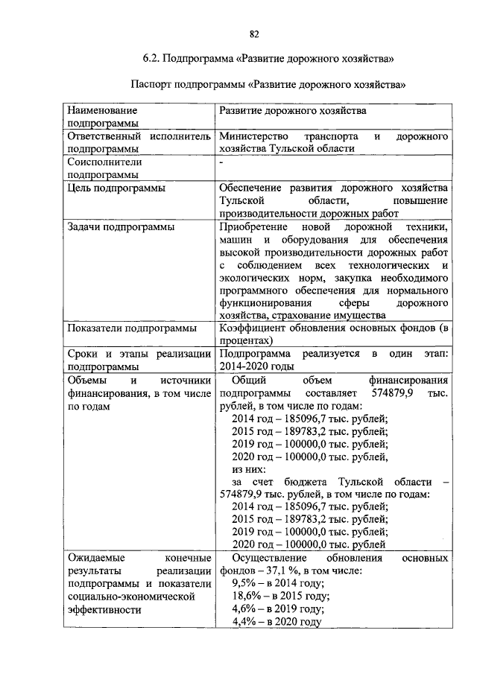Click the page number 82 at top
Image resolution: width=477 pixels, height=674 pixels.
(254, 34)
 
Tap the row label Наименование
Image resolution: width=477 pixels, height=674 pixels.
(102, 110)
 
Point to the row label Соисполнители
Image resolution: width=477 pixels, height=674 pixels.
(104, 161)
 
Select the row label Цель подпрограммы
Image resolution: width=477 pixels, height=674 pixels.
(116, 188)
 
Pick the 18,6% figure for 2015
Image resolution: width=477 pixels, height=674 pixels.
(246, 596)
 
